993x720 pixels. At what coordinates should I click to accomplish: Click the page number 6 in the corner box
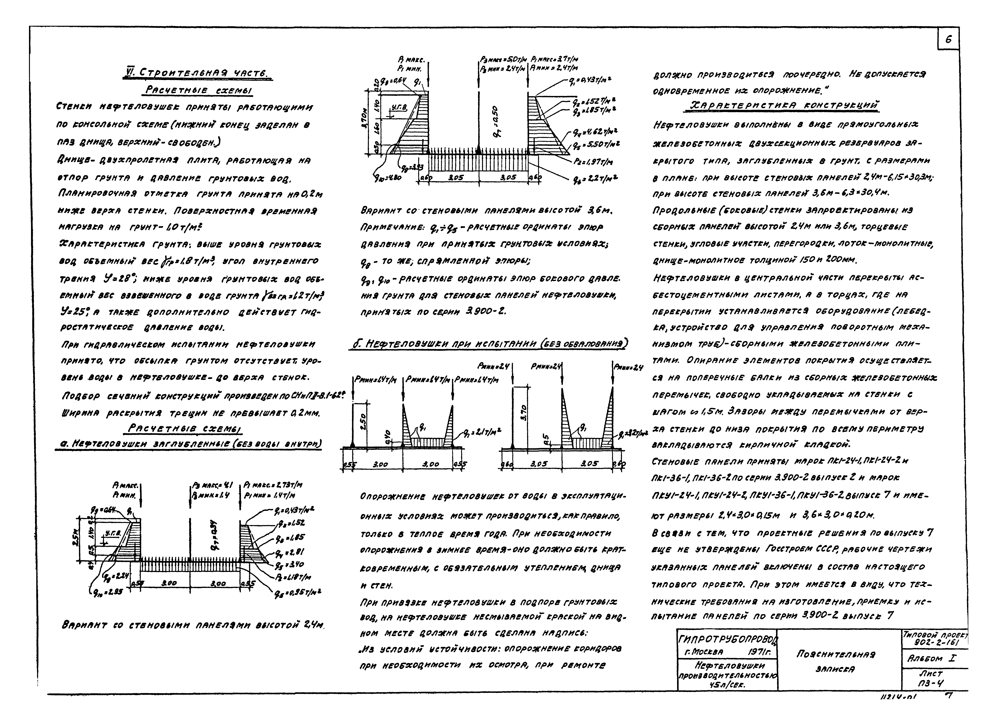[948, 39]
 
